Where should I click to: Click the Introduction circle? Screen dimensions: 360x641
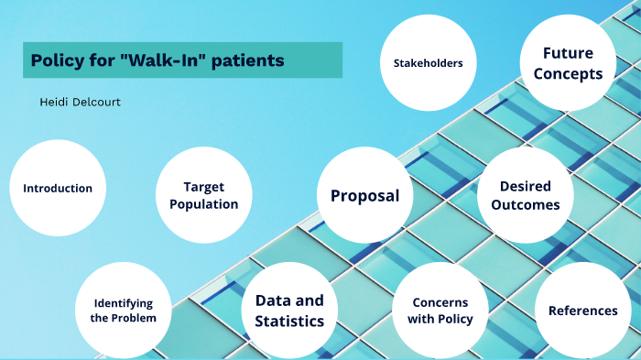click(x=58, y=188)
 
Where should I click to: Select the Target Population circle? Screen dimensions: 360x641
click(x=204, y=195)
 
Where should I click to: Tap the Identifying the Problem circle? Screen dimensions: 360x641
click(x=123, y=311)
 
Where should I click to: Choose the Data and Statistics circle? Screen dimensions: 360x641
click(x=289, y=311)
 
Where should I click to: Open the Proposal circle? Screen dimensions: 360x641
click(x=364, y=195)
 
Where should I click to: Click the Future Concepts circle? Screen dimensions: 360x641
click(x=568, y=63)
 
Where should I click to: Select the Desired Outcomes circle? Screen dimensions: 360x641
click(x=526, y=195)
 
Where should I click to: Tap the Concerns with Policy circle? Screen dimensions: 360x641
click(x=440, y=311)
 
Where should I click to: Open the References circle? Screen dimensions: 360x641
click(x=583, y=311)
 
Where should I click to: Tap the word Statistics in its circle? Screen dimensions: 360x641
click(x=289, y=321)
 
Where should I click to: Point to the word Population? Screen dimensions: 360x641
click(x=204, y=204)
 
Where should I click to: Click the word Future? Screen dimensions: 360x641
click(x=568, y=53)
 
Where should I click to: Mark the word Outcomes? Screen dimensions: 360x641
click(x=526, y=204)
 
